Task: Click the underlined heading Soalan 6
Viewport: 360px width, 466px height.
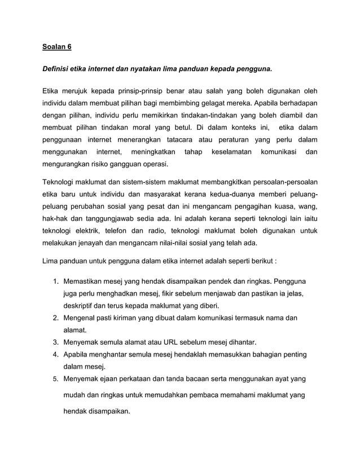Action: click(x=59, y=48)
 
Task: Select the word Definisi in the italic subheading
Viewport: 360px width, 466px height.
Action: click(x=58, y=70)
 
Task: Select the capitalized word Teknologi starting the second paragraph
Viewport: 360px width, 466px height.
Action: click(x=62, y=182)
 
